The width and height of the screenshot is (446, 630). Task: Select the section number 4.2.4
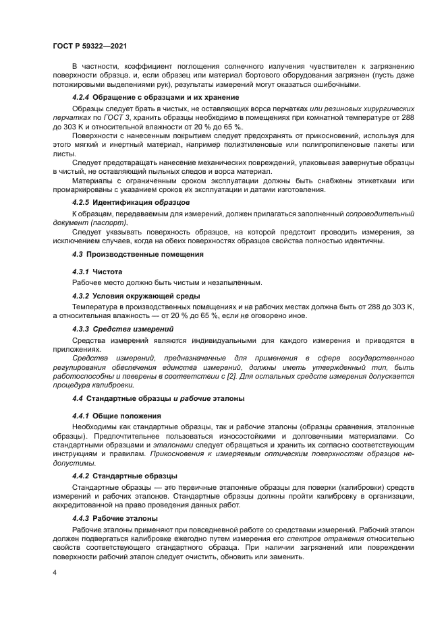click(x=81, y=97)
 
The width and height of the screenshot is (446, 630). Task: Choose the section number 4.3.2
click(x=81, y=296)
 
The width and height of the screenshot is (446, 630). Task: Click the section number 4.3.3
click(x=81, y=329)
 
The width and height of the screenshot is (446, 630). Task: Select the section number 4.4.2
click(x=81, y=476)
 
